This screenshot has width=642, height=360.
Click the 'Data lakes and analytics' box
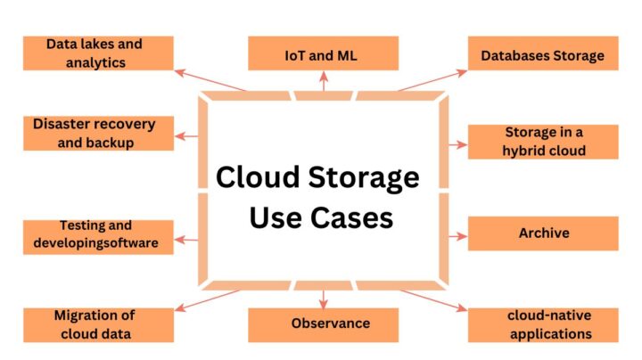(x=97, y=53)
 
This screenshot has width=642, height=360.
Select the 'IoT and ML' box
(x=322, y=53)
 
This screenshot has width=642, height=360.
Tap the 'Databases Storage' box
(x=542, y=55)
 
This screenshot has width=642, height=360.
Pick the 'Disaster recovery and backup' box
(x=97, y=134)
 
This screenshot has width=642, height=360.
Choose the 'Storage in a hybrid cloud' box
(x=542, y=142)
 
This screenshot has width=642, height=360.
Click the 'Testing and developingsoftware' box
(x=97, y=235)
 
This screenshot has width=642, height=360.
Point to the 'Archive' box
(x=542, y=233)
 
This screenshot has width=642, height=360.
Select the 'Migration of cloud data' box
(x=97, y=324)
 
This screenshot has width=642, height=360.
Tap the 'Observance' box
(x=322, y=323)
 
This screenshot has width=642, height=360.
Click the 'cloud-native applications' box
(x=542, y=324)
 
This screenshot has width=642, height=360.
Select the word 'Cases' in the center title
(x=355, y=217)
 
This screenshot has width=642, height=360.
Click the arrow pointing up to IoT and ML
(x=322, y=80)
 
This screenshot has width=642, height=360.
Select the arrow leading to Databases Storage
(x=432, y=79)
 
